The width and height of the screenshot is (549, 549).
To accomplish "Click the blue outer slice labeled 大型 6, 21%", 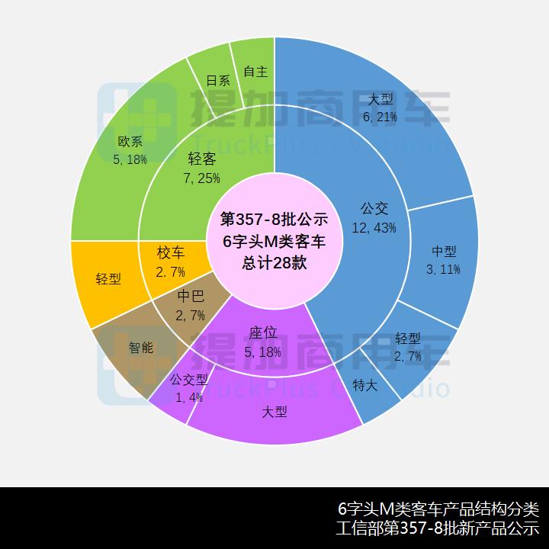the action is pos(381,107).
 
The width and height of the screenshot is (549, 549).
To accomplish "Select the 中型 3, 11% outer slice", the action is pos(443,259).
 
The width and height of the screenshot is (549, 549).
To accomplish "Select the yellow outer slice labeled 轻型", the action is pos(107,278).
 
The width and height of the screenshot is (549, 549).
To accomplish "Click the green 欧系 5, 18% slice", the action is pos(130,149).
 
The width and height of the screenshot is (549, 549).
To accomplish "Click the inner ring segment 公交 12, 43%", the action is pos(371,217).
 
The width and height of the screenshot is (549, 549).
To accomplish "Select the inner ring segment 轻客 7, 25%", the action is pos(201,168).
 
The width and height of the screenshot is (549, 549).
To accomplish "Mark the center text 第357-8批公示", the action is pos(274,220).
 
